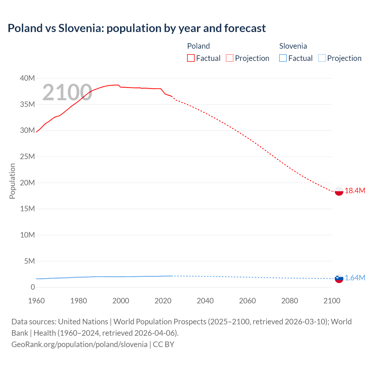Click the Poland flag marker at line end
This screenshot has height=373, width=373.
(339, 191)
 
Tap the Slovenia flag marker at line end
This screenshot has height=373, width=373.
(339, 278)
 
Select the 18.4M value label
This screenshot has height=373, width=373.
(355, 191)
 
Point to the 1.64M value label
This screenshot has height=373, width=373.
(355, 278)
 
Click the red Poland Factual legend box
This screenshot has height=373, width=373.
(191, 58)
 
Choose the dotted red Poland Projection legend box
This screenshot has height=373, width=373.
(230, 58)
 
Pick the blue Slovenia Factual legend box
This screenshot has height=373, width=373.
(283, 58)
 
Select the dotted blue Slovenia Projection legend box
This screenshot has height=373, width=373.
(322, 58)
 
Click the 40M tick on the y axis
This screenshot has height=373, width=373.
(27, 78)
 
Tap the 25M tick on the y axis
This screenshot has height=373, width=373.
(27, 157)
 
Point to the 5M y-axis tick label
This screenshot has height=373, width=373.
(29, 261)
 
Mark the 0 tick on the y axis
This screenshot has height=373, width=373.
(33, 287)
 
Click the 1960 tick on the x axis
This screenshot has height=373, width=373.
(36, 301)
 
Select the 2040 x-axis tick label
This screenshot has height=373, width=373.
(205, 301)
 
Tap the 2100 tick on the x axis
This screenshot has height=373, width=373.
(332, 301)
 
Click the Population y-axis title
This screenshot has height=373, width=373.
(12, 181)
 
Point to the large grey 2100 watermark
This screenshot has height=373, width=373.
(67, 93)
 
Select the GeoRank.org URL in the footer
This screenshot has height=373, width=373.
(79, 344)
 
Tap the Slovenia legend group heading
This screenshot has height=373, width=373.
(293, 46)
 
